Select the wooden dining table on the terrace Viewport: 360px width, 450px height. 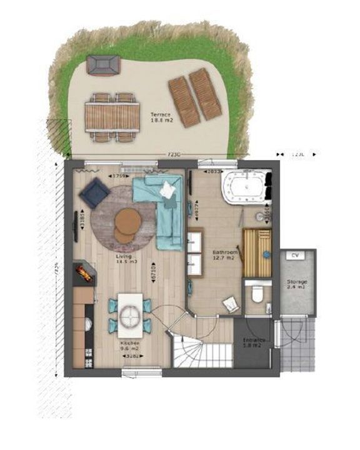point(112,116)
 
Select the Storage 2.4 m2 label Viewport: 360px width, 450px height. point(297,284)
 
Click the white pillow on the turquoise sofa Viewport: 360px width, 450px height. point(169,190)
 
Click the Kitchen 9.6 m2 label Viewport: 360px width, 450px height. point(130,347)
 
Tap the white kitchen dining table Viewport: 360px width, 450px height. point(131,314)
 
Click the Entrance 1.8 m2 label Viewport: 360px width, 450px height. point(254,343)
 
